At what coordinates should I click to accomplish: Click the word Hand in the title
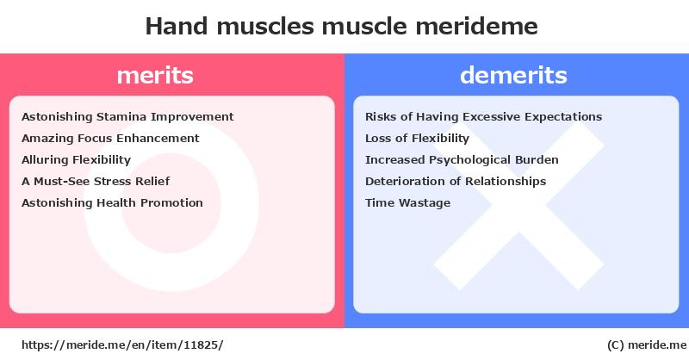[177, 26]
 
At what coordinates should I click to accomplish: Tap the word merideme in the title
[477, 26]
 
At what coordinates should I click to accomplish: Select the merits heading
[155, 75]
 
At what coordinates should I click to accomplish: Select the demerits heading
[513, 75]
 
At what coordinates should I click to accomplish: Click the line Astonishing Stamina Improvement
[127, 117]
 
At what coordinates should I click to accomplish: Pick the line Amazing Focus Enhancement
[110, 139]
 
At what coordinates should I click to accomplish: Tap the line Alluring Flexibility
[76, 160]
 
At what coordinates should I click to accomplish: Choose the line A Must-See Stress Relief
[96, 181]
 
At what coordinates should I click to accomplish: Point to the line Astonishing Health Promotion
[112, 202]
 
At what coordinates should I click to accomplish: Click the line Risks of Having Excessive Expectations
[483, 117]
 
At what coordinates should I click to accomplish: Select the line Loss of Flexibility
[417, 139]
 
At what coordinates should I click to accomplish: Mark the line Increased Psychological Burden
[462, 160]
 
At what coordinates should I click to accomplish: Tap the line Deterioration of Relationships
[456, 181]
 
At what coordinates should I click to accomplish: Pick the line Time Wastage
[407, 202]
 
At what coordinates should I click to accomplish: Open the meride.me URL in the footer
[122, 345]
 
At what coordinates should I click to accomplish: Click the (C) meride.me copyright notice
[647, 345]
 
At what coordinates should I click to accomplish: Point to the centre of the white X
[519, 206]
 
